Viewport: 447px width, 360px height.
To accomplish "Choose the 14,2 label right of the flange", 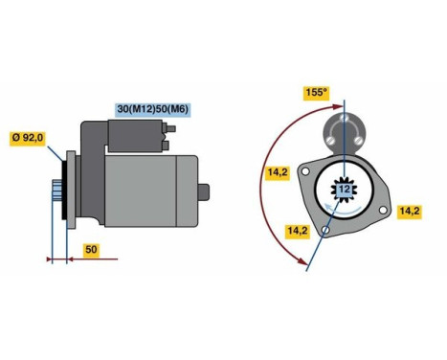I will pyautogui.click(x=410, y=210).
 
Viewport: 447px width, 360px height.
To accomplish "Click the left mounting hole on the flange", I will pyautogui.click(x=304, y=173).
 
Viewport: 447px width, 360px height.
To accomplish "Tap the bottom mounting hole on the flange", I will pyautogui.click(x=326, y=232).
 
